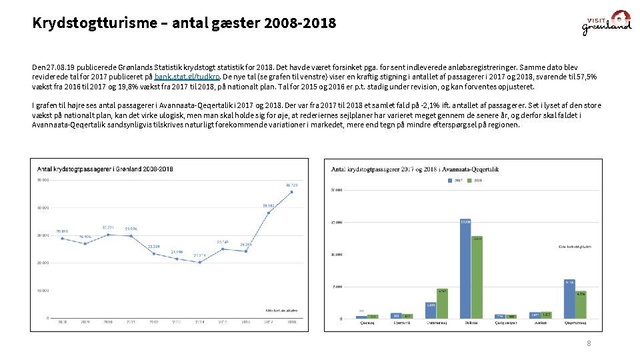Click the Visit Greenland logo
tap(606, 23)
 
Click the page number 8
tap(589, 343)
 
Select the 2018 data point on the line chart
tap(291, 192)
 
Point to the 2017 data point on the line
tap(269, 213)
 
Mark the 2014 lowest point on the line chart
tap(199, 262)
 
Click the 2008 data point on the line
tap(62, 238)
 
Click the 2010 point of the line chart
tap(108, 234)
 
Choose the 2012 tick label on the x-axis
tap(153, 321)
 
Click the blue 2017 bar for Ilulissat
tap(465, 269)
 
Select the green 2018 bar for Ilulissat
tap(477, 277)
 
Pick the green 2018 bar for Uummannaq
tap(442, 303)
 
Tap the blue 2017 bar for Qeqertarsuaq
tap(569, 299)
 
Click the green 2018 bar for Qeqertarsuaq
tap(581, 305)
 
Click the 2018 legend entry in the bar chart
tap(474, 180)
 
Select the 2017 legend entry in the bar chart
tap(455, 180)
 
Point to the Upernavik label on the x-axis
tap(401, 323)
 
